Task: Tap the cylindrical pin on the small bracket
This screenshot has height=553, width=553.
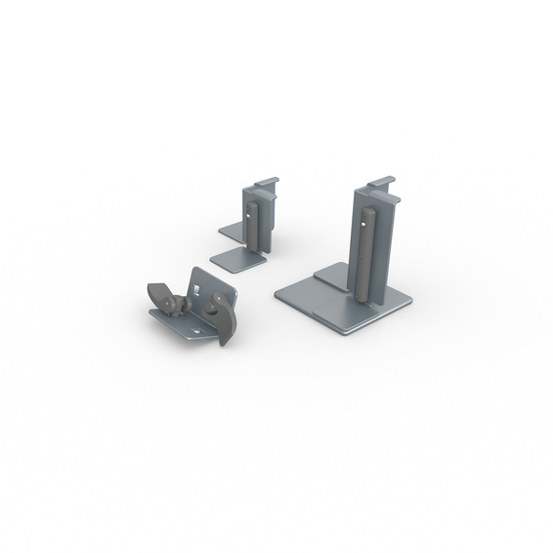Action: coord(255,227)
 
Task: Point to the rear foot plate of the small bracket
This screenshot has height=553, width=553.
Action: coord(231,231)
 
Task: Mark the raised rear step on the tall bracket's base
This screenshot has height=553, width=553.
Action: coord(330,276)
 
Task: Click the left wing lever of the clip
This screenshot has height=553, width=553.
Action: coord(158,294)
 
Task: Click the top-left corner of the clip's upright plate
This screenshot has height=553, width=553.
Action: coord(193,271)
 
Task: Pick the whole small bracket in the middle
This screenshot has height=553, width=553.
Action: coord(250,227)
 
